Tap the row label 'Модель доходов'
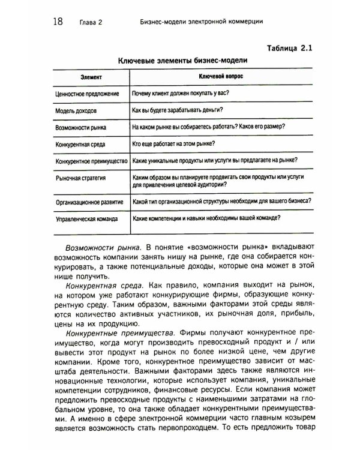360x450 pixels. click(76, 111)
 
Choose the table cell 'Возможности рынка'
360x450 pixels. click(81, 127)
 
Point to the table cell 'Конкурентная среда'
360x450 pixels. click(82, 145)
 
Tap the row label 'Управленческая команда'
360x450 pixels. click(87, 220)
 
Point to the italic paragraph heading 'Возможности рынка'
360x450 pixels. click(102, 247)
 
